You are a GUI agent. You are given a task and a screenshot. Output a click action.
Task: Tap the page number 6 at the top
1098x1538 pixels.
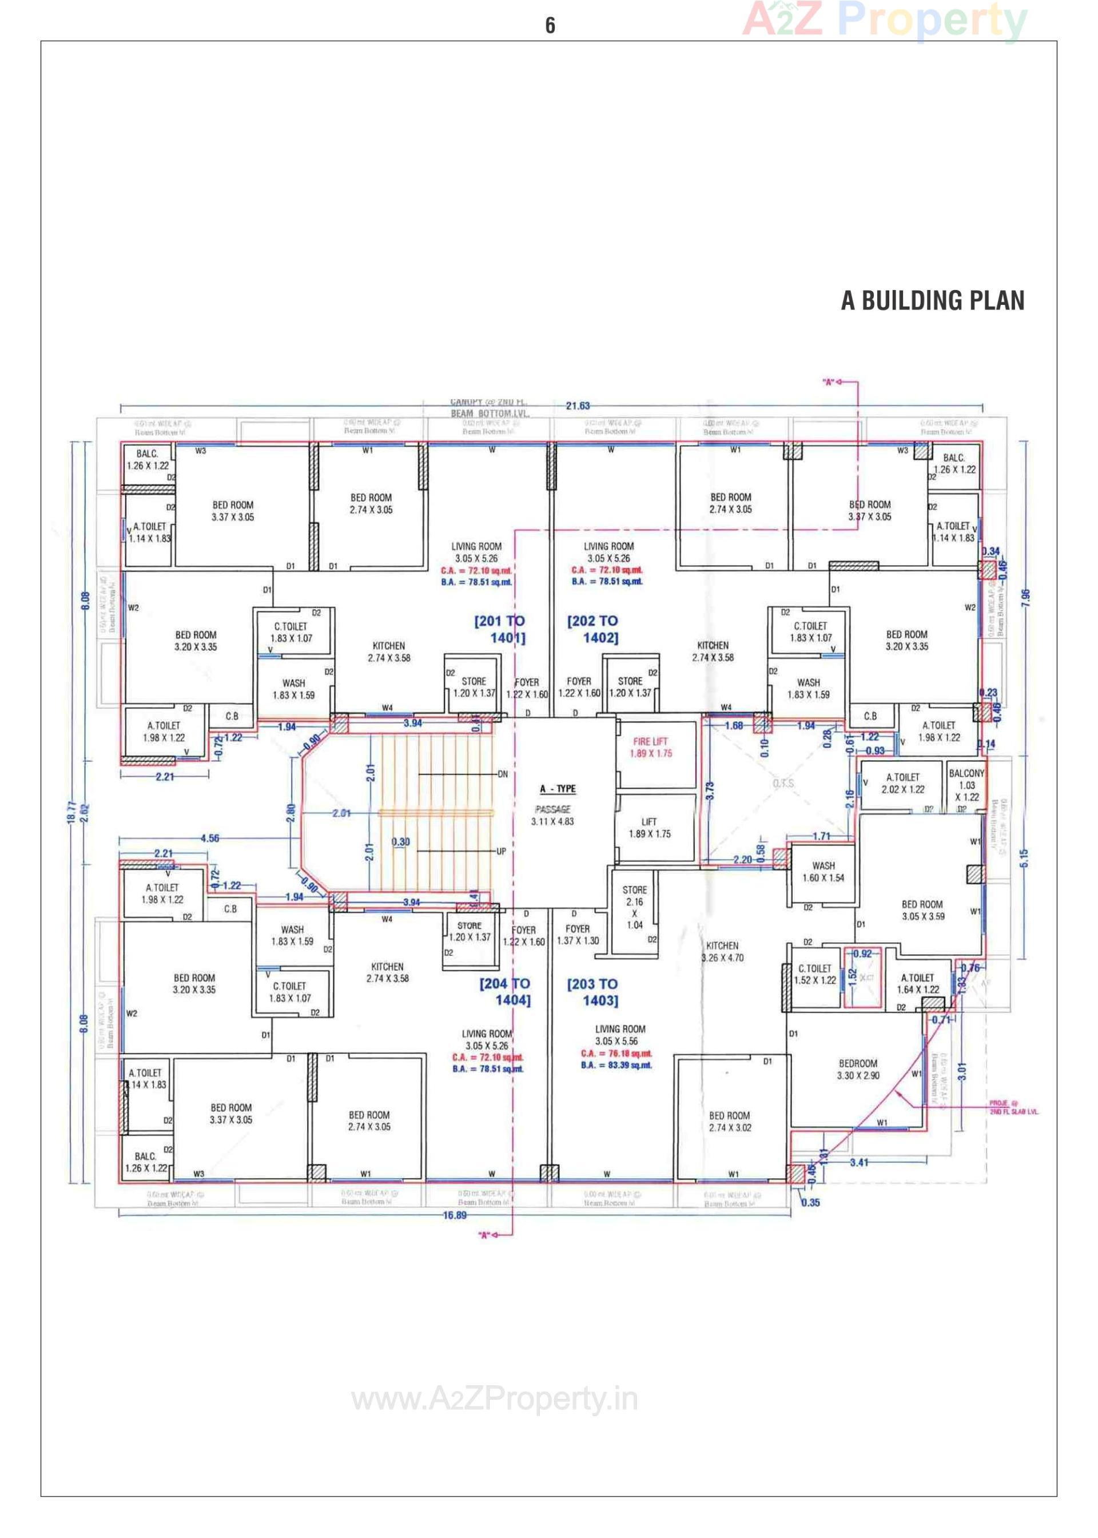coord(550,26)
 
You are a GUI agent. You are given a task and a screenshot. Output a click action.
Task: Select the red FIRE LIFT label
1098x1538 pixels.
coord(650,747)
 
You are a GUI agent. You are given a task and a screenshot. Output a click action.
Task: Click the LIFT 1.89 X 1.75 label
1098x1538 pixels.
coord(649,828)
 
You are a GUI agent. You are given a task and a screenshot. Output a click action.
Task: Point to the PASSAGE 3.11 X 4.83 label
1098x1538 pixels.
coord(553,815)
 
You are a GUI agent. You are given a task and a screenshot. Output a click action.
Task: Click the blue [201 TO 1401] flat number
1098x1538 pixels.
coord(500,629)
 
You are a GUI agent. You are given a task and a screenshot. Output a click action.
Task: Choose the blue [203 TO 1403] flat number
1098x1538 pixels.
coord(593,992)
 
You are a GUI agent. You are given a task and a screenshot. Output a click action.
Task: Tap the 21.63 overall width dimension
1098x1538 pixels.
coord(578,406)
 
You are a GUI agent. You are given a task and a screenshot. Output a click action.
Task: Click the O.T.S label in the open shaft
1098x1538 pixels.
coord(783,783)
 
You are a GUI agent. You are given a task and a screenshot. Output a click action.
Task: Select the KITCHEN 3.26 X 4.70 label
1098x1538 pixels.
coord(722,951)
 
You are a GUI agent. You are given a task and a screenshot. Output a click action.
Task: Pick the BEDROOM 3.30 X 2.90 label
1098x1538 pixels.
coord(858,1069)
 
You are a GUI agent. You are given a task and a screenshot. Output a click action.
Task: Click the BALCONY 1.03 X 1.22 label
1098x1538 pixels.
coord(967,785)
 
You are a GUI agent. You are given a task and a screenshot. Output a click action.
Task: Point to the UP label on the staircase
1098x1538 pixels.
coord(501,851)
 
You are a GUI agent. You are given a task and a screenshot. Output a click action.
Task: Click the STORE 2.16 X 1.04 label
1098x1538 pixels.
coord(634,907)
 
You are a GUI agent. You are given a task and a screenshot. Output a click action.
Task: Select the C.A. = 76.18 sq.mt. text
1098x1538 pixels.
coord(616,1054)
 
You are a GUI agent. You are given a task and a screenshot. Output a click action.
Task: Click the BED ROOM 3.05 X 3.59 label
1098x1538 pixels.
coord(922,910)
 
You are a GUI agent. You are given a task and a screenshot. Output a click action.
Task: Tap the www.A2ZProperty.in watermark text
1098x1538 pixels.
coord(494,1399)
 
